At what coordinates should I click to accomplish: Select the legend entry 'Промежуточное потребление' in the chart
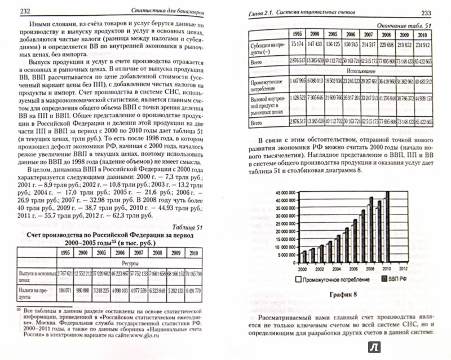335,279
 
